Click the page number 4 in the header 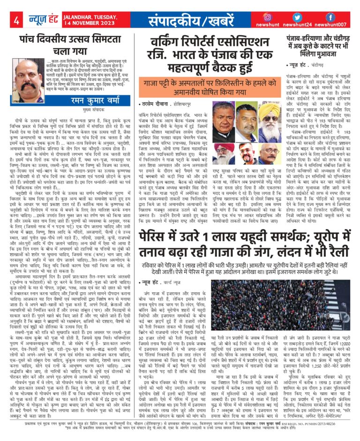[16, 20]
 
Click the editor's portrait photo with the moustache [29, 76]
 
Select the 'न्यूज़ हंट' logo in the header [40, 20]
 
